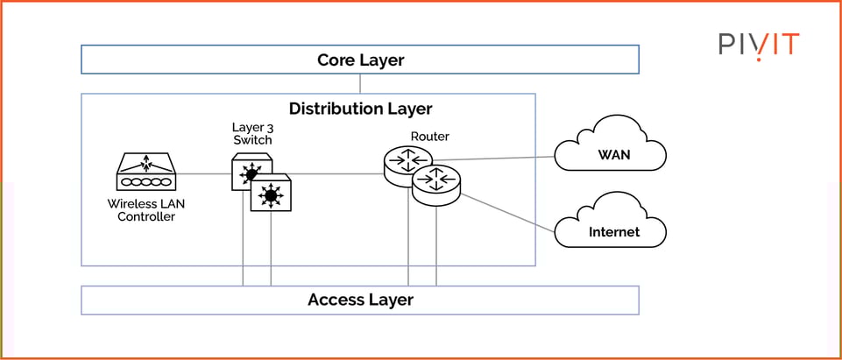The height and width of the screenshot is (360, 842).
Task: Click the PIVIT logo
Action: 759,44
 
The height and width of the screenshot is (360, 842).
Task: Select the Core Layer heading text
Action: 360,60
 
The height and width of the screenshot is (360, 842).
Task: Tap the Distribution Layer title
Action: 360,109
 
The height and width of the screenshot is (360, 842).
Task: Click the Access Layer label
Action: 360,300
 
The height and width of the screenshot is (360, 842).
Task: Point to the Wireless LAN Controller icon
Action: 146,173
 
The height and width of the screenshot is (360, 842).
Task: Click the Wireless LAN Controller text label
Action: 146,210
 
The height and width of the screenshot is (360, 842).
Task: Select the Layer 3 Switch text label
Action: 251,133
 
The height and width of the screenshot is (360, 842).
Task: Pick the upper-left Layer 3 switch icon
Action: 251,172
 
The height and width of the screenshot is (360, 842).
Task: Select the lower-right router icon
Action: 436,184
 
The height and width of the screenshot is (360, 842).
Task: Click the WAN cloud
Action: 610,154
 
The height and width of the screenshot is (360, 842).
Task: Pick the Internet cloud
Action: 612,229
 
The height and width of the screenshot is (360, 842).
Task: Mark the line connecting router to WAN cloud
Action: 495,159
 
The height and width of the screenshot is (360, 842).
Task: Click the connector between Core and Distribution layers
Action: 360,84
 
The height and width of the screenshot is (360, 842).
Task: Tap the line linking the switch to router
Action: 333,173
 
